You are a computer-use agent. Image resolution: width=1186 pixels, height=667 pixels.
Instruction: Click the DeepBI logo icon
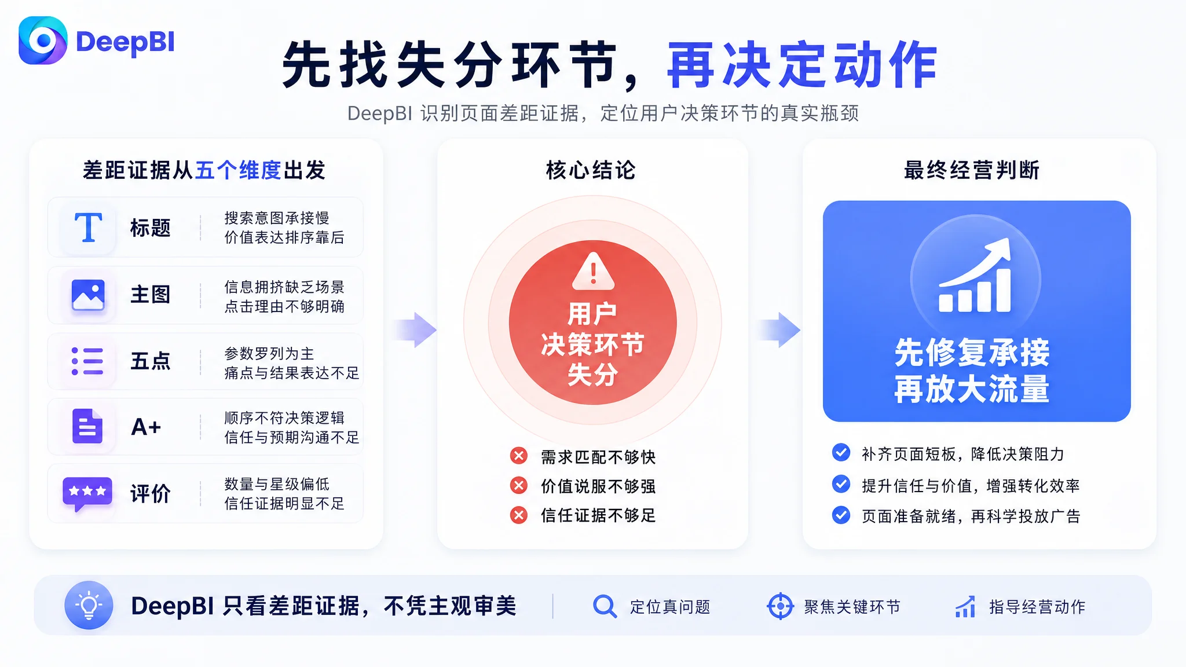43,41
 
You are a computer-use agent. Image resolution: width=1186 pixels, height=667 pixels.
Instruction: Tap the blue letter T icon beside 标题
88,227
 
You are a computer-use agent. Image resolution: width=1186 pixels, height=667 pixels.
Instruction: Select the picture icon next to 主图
88,295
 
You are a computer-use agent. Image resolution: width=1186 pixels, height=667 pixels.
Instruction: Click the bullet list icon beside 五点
87,361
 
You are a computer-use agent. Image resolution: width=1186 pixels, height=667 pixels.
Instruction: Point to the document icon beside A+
87,426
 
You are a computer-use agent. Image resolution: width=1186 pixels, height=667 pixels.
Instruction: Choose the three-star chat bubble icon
87,494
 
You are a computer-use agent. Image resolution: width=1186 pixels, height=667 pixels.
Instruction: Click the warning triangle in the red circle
593,271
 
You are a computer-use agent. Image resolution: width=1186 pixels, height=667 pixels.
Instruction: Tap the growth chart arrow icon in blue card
975,275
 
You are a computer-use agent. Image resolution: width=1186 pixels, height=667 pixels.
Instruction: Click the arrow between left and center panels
416,330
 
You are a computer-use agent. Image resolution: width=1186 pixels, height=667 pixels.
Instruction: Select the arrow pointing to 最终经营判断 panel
779,330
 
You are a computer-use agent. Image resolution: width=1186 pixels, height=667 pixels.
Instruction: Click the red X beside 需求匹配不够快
519,456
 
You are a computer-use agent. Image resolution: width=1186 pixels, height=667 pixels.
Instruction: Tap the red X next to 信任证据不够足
519,515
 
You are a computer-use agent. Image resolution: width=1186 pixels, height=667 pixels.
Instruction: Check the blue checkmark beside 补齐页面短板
841,452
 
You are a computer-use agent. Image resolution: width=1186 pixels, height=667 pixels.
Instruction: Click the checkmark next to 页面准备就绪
841,515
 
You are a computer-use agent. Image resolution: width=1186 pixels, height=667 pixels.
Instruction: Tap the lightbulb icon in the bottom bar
89,605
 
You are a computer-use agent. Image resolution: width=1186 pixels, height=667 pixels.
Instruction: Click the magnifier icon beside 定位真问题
605,606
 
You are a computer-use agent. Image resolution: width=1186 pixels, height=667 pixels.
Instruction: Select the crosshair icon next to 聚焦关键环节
780,606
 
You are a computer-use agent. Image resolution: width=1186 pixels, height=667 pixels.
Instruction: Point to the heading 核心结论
591,170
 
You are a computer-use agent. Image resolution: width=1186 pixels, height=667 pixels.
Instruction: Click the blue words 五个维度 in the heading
239,170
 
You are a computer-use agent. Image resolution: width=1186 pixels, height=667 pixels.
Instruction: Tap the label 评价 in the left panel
151,494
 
